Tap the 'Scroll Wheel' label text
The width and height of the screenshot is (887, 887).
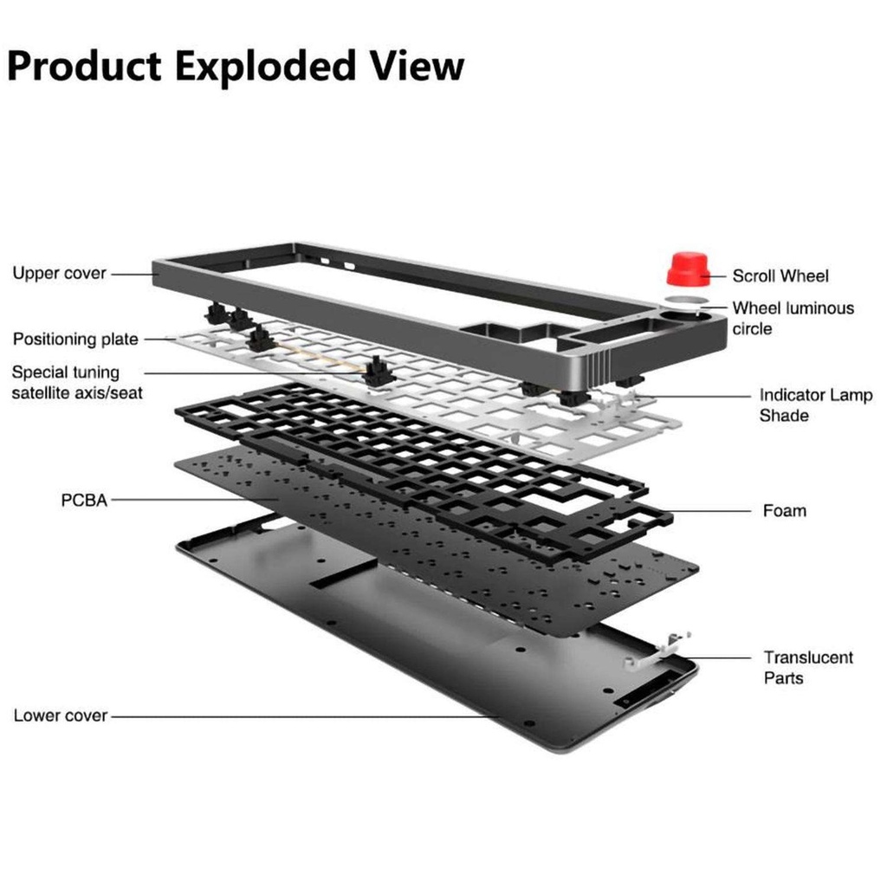[x=780, y=276]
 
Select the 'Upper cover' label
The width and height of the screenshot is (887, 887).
[x=59, y=274]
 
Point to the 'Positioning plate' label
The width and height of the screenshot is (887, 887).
[x=75, y=340]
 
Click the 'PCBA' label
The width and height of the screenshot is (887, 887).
[x=84, y=500]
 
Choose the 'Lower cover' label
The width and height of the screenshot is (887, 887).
[x=61, y=716]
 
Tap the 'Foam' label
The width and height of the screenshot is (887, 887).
[x=784, y=511]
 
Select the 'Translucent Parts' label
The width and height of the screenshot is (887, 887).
[x=807, y=668]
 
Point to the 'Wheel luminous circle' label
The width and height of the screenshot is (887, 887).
[x=792, y=318]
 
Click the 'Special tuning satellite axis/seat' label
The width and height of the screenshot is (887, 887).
[x=77, y=383]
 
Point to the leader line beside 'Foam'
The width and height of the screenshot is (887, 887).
[x=710, y=511]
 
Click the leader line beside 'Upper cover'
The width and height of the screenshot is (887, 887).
[x=133, y=274]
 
